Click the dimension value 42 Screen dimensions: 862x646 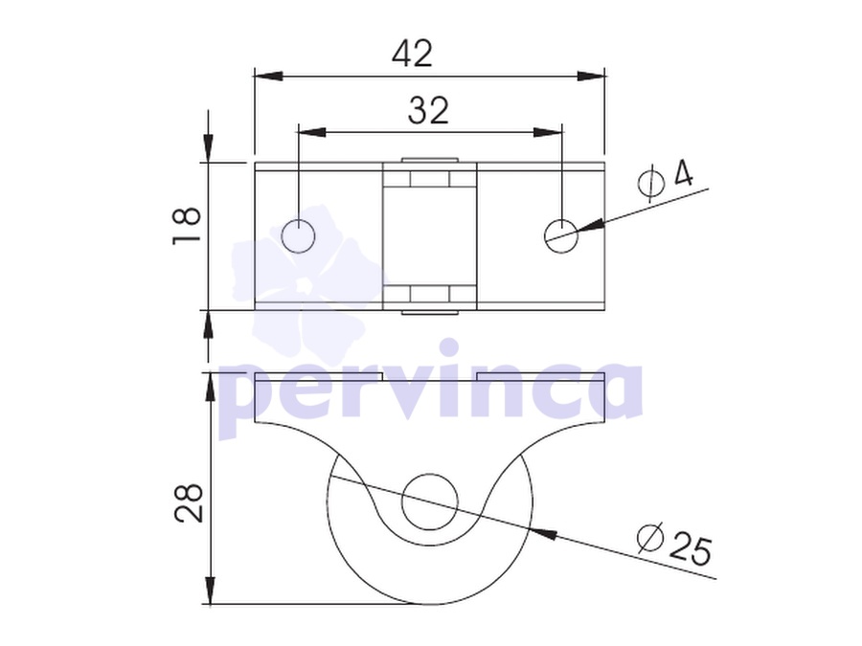point(412,54)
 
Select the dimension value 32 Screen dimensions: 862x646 point(428,110)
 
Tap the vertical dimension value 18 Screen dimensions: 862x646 point(187,225)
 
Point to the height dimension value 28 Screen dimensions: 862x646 point(189,502)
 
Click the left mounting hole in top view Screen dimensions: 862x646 point(298,236)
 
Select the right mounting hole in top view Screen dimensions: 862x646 point(561,236)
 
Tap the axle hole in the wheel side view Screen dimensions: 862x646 point(430,502)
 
